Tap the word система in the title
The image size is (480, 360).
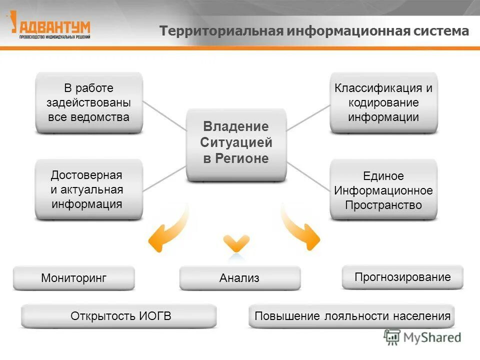441,31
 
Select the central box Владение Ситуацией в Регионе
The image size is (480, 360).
236,143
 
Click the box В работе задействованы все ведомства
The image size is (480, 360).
89,102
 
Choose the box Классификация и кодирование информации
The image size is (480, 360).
383,102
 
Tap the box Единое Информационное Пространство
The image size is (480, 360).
383,190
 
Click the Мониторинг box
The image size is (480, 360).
74,278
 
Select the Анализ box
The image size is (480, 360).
240,278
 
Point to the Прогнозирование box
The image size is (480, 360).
402,277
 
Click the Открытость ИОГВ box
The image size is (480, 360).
119,316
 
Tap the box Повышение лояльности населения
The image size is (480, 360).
352,316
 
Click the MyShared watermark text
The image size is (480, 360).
432,337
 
